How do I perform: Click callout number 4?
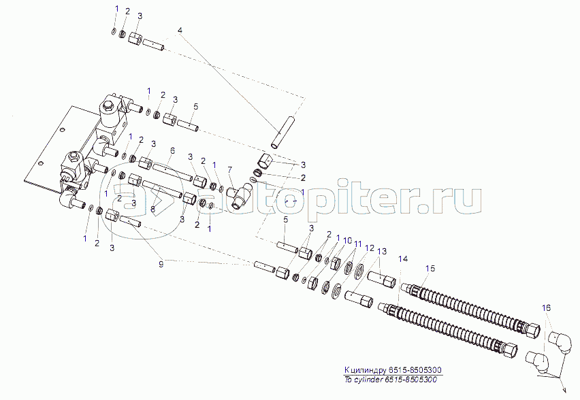click(x=180, y=31)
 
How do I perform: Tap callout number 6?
click(x=172, y=150)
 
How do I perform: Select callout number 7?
click(x=230, y=169)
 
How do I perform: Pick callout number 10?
click(x=348, y=241)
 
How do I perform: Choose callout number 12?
click(x=370, y=250)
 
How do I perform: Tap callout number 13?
click(x=381, y=252)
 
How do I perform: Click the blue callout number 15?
click(x=429, y=268)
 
